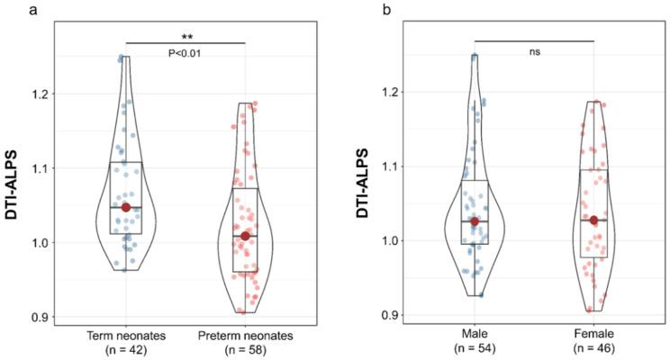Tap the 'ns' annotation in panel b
tap(534, 51)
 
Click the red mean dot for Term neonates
tap(126, 208)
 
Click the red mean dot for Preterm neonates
tap(245, 236)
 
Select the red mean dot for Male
tap(475, 221)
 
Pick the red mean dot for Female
tap(593, 220)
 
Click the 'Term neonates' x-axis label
tap(126, 335)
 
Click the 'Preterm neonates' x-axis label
tap(245, 335)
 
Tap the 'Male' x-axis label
tap(475, 335)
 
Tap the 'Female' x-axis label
tap(593, 335)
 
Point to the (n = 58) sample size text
tap(245, 349)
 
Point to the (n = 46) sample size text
tap(593, 349)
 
